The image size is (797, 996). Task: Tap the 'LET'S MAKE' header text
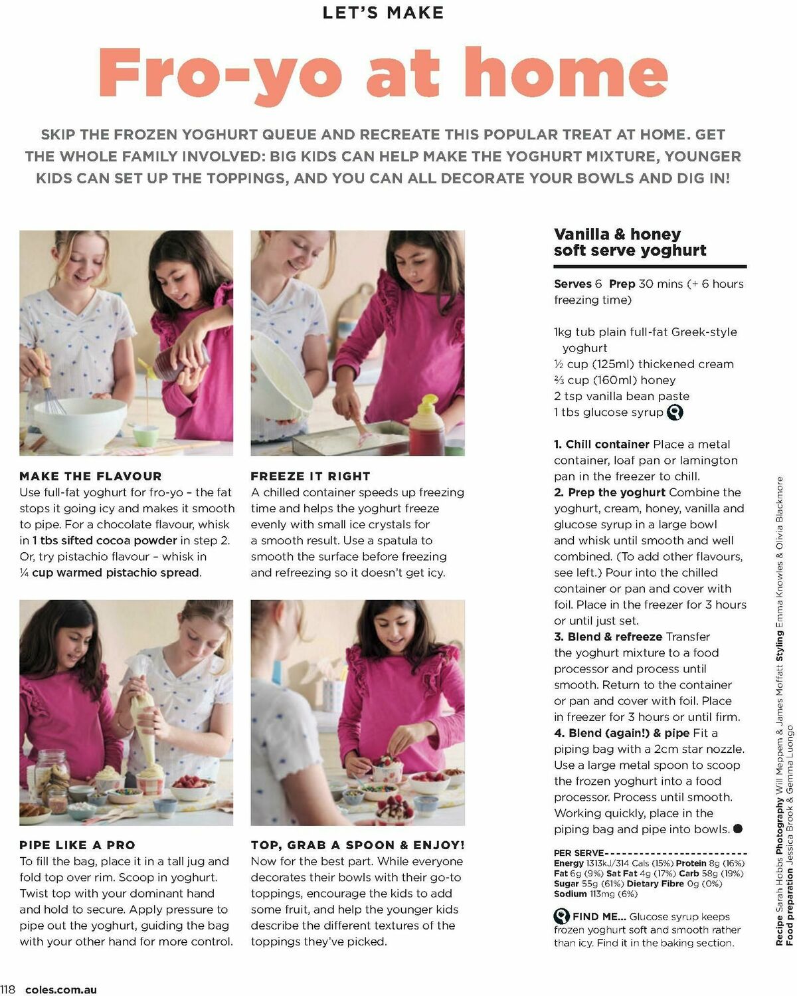[x=383, y=13]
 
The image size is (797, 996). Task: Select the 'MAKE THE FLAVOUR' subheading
[x=90, y=476]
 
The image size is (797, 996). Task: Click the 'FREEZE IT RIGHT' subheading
[x=310, y=476]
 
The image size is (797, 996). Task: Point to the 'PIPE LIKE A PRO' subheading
[x=77, y=845]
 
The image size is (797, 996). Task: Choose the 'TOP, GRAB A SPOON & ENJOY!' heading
[x=357, y=845]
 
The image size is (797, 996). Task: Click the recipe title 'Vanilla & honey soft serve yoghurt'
[x=629, y=243]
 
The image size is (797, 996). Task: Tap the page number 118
[x=8, y=989]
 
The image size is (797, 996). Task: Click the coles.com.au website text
[x=61, y=989]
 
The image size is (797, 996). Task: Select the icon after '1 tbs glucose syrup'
[x=675, y=413]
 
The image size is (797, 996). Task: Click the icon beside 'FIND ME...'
[x=562, y=916]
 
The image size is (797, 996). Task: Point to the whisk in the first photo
[x=50, y=389]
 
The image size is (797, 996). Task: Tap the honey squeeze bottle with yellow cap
[x=426, y=425]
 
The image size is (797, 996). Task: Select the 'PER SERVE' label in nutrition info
[x=578, y=853]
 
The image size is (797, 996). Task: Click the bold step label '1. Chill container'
[x=601, y=445]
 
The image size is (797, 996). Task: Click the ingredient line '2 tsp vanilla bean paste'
[x=621, y=396]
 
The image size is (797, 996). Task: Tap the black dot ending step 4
[x=737, y=829]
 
